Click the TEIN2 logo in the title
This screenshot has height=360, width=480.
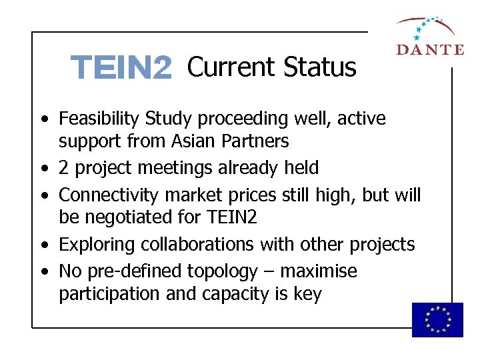pos(121,68)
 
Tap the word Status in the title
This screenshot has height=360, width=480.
pos(319,67)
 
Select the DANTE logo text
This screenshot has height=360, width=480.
pos(429,49)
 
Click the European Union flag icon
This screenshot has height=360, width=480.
pos(437,319)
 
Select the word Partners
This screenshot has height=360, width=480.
pos(257,141)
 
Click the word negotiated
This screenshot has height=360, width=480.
pos(130,217)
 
